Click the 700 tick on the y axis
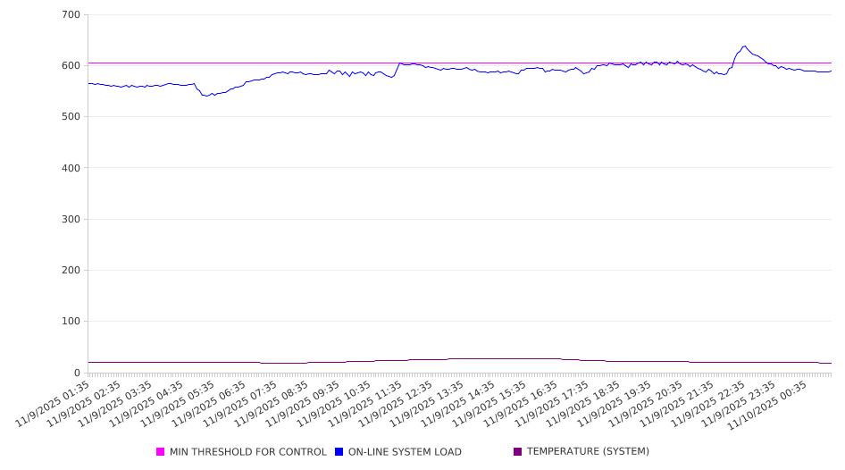click(71, 15)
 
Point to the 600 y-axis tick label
click(71, 66)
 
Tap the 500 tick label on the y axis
click(71, 117)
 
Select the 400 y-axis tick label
click(71, 168)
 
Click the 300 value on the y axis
click(71, 220)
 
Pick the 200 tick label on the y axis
click(71, 271)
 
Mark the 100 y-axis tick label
click(71, 322)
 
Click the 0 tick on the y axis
click(77, 373)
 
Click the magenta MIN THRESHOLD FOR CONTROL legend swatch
click(161, 452)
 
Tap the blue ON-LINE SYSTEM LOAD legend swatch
click(339, 452)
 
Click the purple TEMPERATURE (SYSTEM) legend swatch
click(518, 452)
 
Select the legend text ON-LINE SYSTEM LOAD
click(405, 452)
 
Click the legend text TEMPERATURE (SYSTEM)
click(588, 452)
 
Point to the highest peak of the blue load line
click(744, 46)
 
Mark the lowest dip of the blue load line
click(207, 96)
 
